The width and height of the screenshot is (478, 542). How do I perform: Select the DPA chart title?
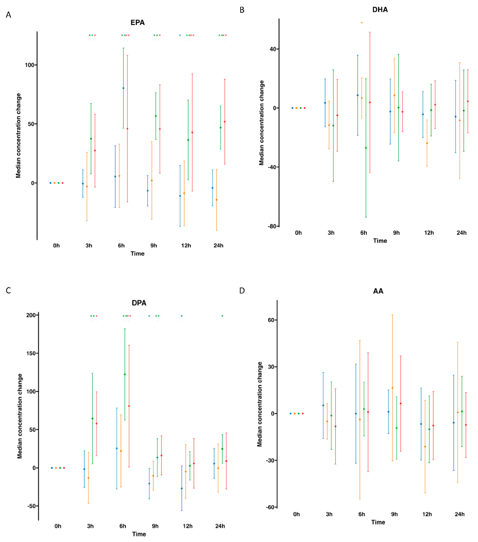coord(139,303)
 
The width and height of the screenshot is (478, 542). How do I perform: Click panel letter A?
coord(8,15)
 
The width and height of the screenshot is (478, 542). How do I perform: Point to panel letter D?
coord(242,291)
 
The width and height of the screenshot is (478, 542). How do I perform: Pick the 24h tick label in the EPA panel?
coord(218,246)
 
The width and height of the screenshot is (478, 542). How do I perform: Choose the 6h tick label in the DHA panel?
coord(364,233)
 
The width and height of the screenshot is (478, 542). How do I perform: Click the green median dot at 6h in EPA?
coord(123,88)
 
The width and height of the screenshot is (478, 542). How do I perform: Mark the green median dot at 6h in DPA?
coord(125,374)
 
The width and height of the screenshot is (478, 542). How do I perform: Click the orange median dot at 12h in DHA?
coord(427,143)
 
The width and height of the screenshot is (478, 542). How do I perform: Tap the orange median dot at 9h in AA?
coord(393,388)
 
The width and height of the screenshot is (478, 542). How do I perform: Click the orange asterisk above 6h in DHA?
coord(362,22)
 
